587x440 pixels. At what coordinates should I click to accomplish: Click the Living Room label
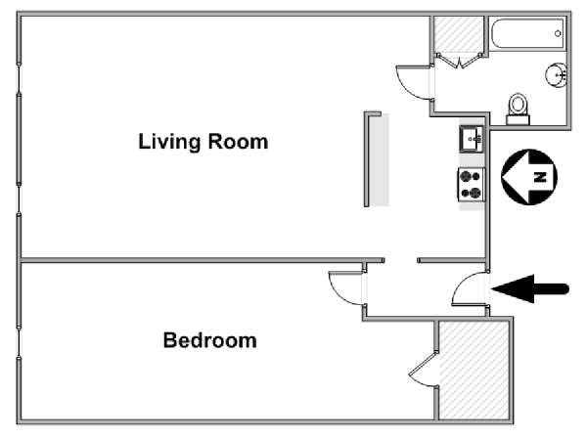coord(203,142)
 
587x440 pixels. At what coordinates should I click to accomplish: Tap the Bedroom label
coord(210,340)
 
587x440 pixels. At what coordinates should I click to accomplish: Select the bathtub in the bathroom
coord(527,33)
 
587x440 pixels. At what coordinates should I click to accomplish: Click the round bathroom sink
coord(557,75)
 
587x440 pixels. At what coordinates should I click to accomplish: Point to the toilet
coord(519,109)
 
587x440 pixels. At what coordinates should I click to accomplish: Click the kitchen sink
coord(472,139)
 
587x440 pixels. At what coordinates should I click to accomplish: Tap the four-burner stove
coord(471,185)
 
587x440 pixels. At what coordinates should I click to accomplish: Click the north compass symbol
coord(529,177)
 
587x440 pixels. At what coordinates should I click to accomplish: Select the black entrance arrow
coord(530,288)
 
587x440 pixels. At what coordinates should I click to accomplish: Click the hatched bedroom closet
coord(474,370)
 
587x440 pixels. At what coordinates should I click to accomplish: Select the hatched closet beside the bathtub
coord(458,34)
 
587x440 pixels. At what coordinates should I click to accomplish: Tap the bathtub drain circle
coord(558,33)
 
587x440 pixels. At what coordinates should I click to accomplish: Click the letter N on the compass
coord(540,177)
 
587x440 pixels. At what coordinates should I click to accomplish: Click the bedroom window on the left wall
coord(19,342)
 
